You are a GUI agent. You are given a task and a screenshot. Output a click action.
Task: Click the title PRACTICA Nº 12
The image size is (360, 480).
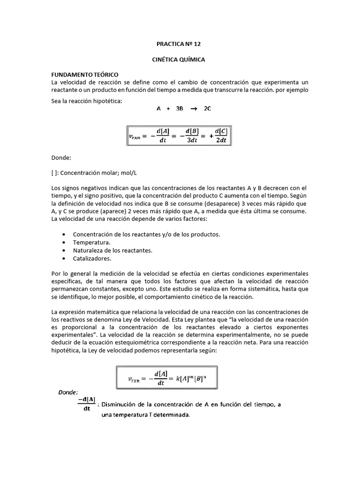click(180, 45)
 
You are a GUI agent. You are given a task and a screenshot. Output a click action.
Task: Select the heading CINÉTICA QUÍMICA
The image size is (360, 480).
click(180, 60)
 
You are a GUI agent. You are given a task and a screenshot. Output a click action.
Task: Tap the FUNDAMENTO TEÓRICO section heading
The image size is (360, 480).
click(84, 75)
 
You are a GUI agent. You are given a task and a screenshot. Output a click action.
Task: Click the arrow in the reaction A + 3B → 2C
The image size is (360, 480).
click(193, 108)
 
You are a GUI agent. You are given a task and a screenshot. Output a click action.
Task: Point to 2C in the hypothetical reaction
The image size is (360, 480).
click(207, 108)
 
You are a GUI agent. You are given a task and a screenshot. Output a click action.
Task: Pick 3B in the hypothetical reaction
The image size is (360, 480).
click(180, 108)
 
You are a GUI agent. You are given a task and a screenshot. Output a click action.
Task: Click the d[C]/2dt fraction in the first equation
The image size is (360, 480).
click(221, 135)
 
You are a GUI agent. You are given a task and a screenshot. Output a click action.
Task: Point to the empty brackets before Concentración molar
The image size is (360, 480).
click(54, 172)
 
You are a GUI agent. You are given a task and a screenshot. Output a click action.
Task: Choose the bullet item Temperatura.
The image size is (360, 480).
click(91, 242)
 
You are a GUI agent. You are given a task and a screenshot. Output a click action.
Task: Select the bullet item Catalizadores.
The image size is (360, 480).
click(92, 258)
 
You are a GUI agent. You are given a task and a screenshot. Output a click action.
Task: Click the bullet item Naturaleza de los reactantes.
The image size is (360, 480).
click(112, 250)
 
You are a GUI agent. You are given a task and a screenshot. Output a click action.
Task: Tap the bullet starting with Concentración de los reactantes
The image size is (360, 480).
click(146, 234)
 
